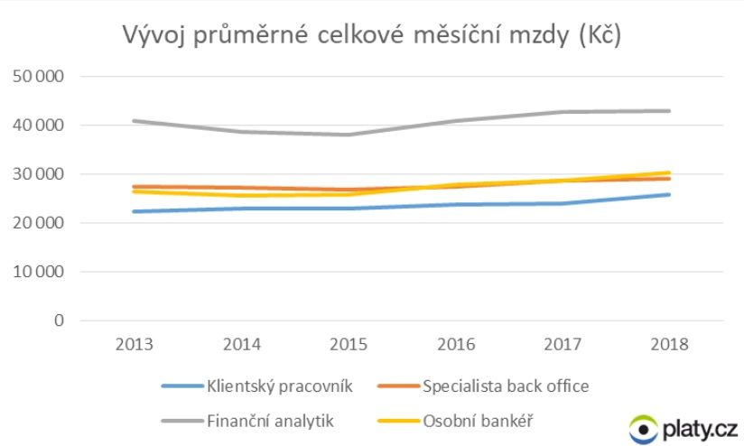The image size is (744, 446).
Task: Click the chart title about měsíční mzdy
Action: point(372,38)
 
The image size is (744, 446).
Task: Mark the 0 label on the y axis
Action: point(60,321)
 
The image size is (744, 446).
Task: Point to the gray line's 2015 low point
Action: point(349,135)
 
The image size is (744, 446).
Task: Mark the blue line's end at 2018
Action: point(669,194)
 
